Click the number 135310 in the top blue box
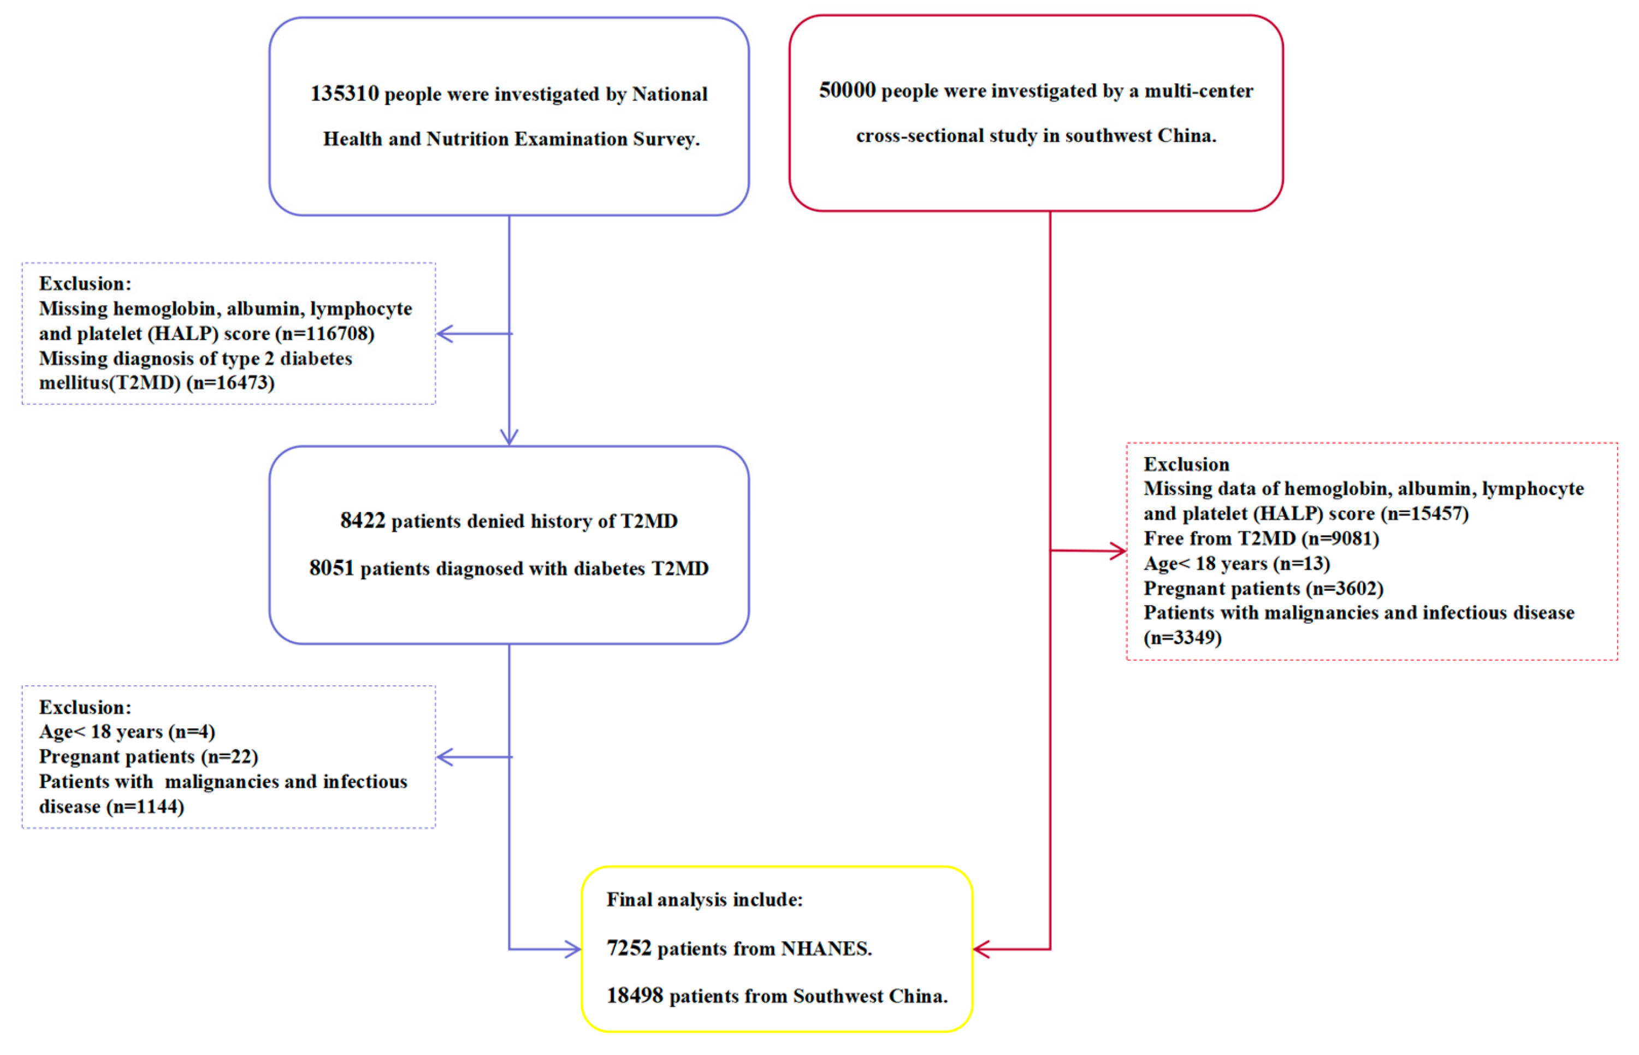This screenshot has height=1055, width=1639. [344, 94]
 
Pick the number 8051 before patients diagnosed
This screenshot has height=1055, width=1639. [331, 568]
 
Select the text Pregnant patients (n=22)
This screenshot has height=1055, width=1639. [148, 757]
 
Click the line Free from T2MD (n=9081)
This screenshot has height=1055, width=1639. [1261, 539]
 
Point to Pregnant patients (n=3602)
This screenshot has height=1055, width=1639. [1263, 589]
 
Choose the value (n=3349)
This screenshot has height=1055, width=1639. [1182, 638]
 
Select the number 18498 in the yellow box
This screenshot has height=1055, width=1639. [635, 996]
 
